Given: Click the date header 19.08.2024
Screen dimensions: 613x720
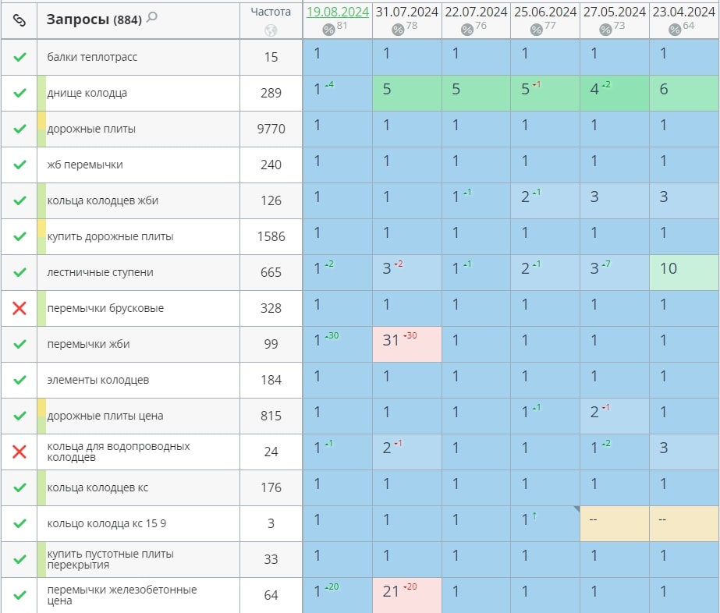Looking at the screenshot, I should (337, 12).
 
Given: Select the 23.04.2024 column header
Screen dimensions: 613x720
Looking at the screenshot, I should (683, 12).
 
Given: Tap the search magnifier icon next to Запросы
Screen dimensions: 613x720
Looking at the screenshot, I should (151, 17).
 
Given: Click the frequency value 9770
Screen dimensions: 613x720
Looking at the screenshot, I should (271, 129).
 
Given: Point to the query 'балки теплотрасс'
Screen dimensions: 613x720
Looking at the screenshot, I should (92, 57).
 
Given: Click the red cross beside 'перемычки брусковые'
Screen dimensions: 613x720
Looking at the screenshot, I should (20, 308).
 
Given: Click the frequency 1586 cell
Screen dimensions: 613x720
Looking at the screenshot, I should (271, 236).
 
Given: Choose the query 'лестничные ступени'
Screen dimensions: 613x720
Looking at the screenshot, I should (100, 272).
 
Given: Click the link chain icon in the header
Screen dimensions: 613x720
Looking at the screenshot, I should (20, 19).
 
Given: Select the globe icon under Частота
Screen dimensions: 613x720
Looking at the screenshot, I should (271, 30).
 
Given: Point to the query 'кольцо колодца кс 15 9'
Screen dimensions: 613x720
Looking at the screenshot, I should (106, 523).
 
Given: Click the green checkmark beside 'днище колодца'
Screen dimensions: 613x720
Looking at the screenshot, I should (20, 93).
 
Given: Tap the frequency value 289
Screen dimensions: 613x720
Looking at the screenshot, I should (271, 93).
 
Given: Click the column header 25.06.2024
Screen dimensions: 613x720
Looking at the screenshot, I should (545, 12).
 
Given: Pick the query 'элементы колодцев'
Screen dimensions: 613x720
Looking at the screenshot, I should (98, 380).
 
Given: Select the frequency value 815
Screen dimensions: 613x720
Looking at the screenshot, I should (271, 416).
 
